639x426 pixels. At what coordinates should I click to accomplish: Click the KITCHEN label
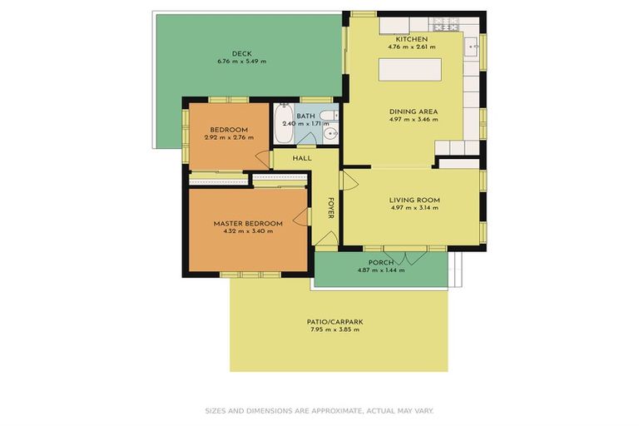(x=412, y=39)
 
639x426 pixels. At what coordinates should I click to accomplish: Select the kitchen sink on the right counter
(x=471, y=45)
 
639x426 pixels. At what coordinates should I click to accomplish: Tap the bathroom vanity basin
(x=331, y=133)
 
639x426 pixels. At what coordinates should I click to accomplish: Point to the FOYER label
(x=330, y=209)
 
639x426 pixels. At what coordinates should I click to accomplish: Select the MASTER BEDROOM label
(x=247, y=223)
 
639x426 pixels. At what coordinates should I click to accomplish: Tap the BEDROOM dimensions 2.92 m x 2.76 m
(x=228, y=138)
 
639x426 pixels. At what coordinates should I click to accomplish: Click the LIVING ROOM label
(x=414, y=200)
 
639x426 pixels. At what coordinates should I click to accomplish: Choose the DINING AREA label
(x=414, y=111)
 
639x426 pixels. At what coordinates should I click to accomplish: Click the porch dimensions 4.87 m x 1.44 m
(x=380, y=270)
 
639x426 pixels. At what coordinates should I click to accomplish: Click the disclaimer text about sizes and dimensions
(x=319, y=410)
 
